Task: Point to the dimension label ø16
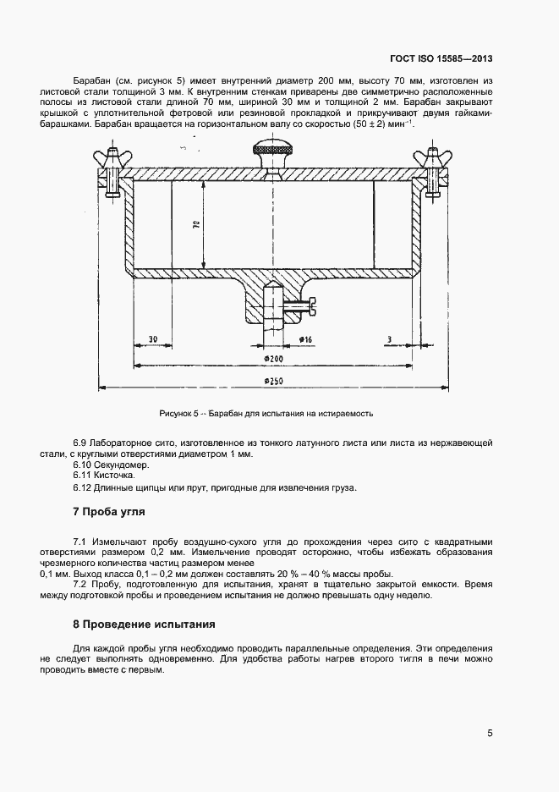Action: pos(305,339)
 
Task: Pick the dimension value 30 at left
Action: pos(152,338)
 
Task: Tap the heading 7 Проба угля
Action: pos(110,514)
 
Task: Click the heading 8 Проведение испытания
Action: pos(144,624)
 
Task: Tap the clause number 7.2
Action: pos(82,584)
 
